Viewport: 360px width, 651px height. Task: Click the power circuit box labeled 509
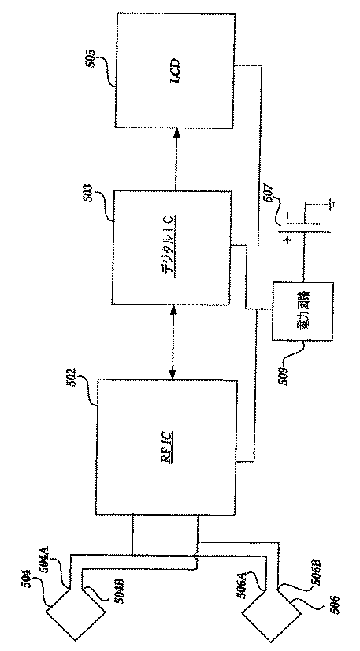click(294, 311)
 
